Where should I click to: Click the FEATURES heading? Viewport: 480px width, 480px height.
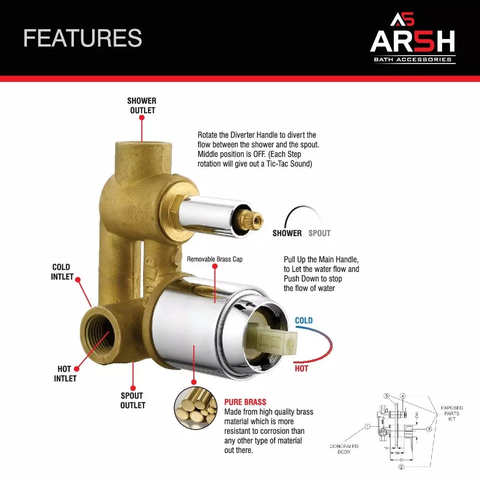[83, 38]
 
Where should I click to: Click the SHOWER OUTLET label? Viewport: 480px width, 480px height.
[142, 106]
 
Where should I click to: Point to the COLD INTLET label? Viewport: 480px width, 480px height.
[62, 272]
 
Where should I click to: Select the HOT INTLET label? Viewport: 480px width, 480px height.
[65, 373]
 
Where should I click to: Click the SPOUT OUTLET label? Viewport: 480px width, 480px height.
[132, 400]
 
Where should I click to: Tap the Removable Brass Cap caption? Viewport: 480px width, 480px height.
[215, 259]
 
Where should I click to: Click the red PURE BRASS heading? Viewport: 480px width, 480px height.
[245, 402]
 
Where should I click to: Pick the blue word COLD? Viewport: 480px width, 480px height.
[303, 321]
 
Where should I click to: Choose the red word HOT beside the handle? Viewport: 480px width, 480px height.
[301, 369]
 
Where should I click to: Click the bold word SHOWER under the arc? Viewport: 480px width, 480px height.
[287, 233]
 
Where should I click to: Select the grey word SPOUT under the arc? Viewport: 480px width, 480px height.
[319, 233]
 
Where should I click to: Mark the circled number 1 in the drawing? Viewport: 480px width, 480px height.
[367, 426]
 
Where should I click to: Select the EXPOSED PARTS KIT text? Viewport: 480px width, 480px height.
[452, 413]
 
